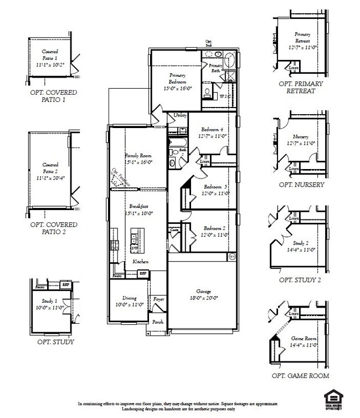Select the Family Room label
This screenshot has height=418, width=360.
click(x=138, y=159)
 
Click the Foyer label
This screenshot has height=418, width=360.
click(x=159, y=299)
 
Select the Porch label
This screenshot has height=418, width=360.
click(x=158, y=322)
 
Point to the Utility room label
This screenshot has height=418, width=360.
click(x=180, y=115)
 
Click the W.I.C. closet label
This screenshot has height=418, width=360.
click(x=225, y=96)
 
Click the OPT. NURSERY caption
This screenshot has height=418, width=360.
click(x=302, y=185)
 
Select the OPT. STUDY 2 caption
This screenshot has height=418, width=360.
click(x=300, y=280)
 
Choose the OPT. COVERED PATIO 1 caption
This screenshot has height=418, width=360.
click(x=54, y=96)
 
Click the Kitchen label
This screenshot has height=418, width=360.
click(x=140, y=261)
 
